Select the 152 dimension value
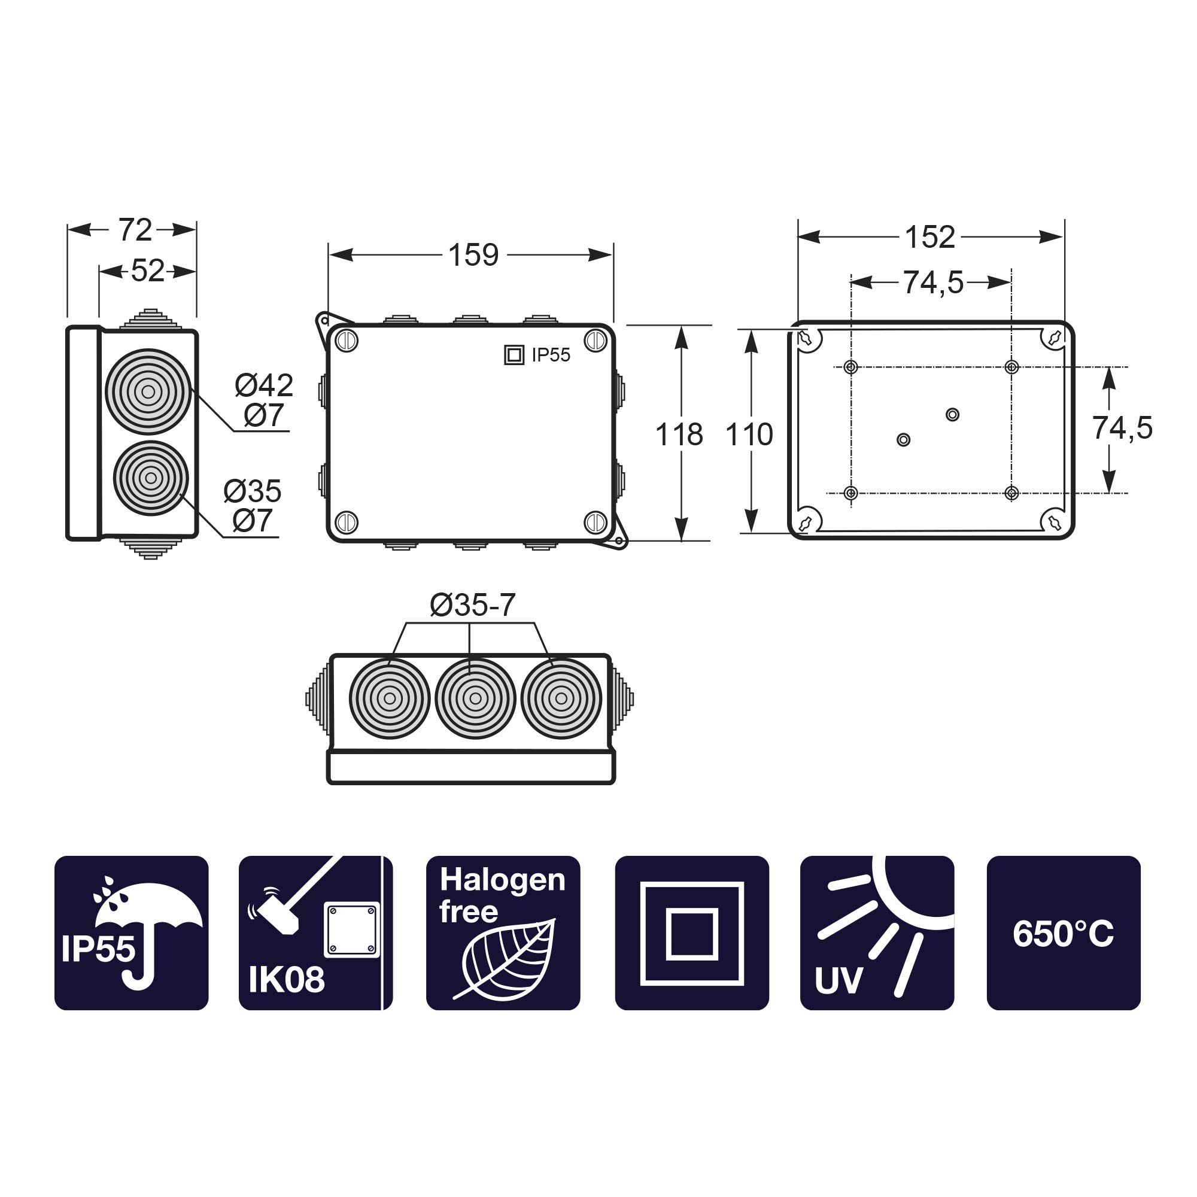pos(929,237)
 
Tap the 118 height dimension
pos(679,435)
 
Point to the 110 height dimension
pos(749,435)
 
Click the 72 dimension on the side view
pos(135,230)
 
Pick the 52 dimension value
pos(147,271)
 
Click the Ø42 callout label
pos(264,385)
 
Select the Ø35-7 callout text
pos(473,605)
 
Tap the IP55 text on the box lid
pos(550,355)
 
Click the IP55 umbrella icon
pos(131,933)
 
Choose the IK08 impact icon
pos(315,933)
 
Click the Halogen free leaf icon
pos(503,933)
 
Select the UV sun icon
pos(877,933)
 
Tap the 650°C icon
pos(1063,933)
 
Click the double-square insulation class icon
pos(691,933)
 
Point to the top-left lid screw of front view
pos(347,341)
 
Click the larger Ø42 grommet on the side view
pos(148,391)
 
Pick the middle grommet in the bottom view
pos(475,698)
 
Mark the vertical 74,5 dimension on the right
pos(1122,428)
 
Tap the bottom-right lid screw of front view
pos(596,522)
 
